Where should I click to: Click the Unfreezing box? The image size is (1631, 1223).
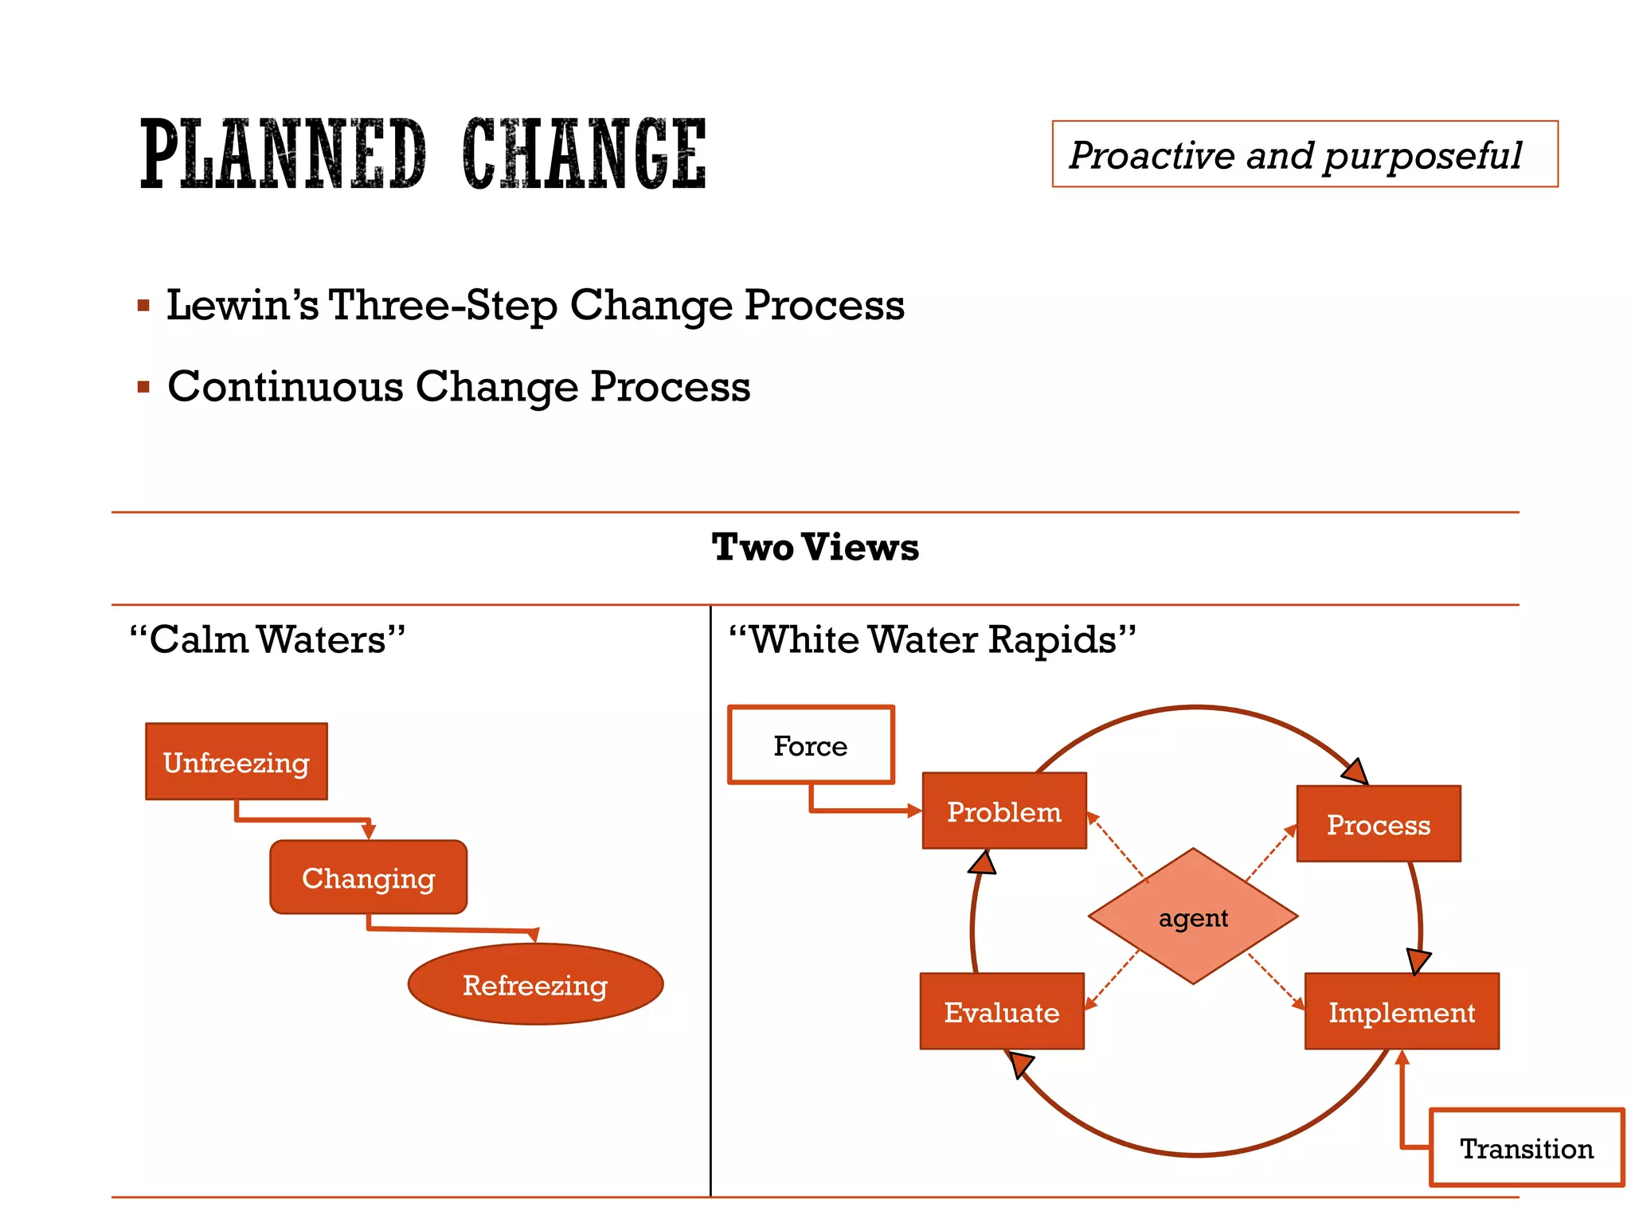[237, 762]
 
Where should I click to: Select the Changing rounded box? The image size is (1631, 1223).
[368, 877]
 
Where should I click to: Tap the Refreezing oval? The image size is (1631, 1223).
[535, 984]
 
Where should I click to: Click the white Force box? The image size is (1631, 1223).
[811, 745]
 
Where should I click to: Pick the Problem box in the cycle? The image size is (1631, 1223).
[1004, 811]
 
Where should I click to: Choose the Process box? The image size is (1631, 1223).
[1379, 824]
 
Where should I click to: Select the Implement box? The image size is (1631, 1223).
[1402, 1011]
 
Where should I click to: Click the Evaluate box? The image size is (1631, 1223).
[1002, 1011]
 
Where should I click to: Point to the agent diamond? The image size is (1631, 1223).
[1193, 917]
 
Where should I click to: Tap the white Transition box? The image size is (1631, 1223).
[1527, 1147]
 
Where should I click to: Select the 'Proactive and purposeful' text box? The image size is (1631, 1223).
[1304, 154]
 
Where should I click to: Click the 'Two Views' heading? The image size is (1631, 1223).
[815, 547]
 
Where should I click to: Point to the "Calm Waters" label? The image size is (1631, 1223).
[268, 639]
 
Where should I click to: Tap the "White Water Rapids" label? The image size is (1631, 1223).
[933, 639]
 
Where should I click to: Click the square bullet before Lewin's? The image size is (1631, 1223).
[143, 306]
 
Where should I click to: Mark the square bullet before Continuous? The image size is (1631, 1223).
[143, 388]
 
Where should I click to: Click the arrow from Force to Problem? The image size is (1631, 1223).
[860, 811]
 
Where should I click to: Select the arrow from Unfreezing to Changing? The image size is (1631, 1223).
[303, 819]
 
